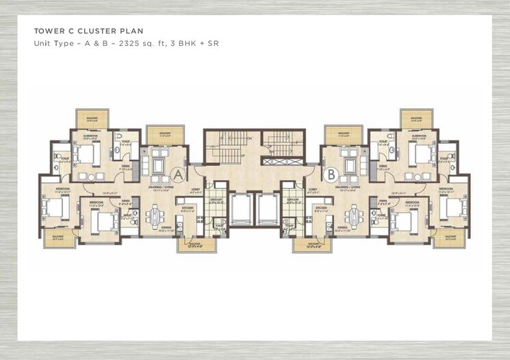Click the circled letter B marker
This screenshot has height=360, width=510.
331,175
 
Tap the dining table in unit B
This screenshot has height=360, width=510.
353,215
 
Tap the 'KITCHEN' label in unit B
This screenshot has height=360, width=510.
320,207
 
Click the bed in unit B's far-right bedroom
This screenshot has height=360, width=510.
455,207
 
